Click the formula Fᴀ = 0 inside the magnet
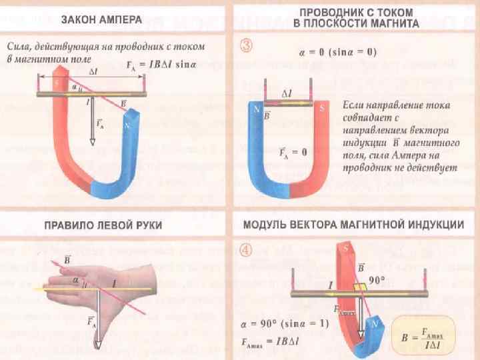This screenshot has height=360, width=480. click(293, 152)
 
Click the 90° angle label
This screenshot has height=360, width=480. click(377, 280)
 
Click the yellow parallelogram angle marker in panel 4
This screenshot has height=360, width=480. click(359, 287)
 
